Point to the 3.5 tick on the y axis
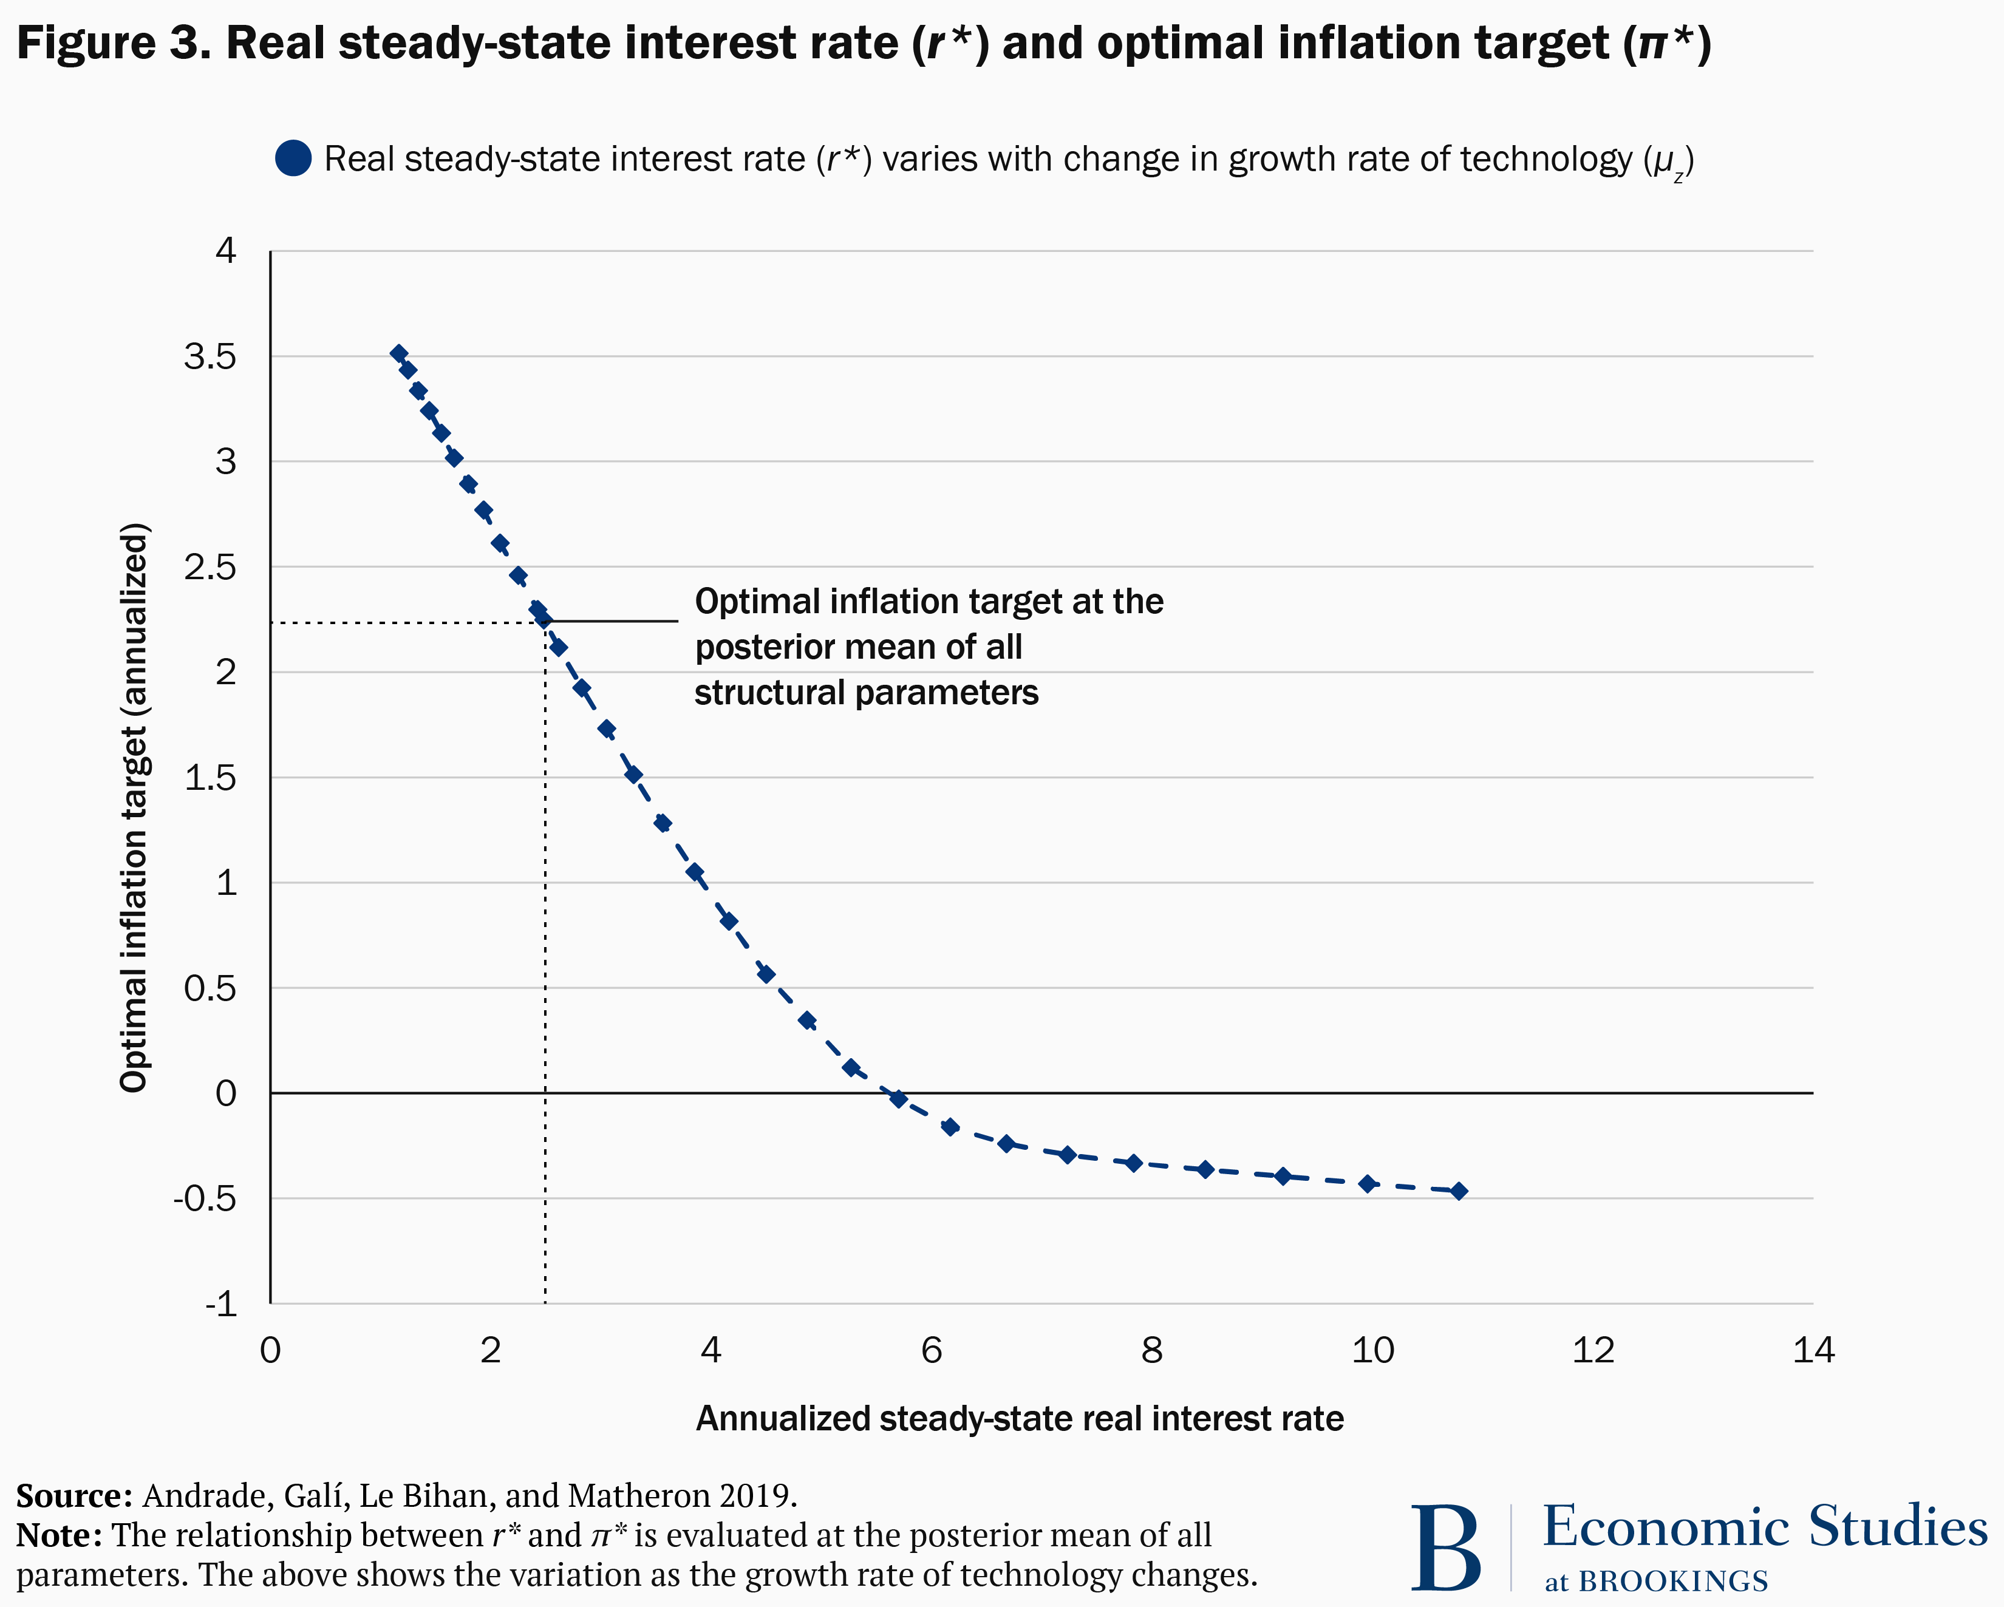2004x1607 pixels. click(x=210, y=356)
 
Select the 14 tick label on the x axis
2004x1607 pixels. click(x=1813, y=1350)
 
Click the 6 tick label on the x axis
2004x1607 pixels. click(x=932, y=1350)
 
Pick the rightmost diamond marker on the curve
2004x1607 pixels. click(x=1459, y=1191)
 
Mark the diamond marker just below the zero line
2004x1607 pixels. click(x=898, y=1099)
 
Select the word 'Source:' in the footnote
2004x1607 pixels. click(x=74, y=1495)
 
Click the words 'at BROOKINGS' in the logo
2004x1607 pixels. click(x=1655, y=1581)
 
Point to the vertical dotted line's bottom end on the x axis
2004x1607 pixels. click(x=545, y=1299)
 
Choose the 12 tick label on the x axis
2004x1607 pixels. click(x=1593, y=1350)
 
